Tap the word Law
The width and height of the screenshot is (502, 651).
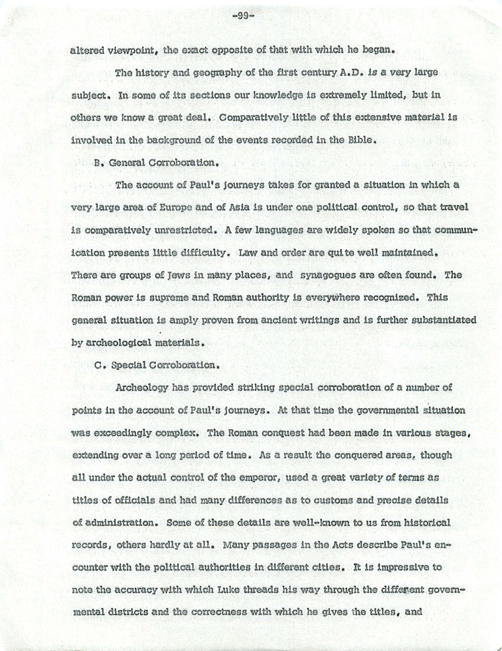[x=248, y=252]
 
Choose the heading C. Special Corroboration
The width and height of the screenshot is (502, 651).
[x=157, y=364]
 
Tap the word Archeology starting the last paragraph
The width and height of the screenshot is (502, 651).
[x=142, y=388]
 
